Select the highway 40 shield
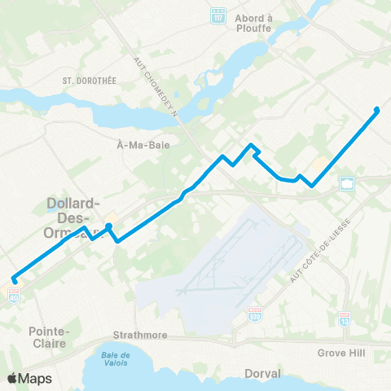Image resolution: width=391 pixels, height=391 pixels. [x=15, y=298]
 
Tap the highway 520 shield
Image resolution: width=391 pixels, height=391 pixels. [x=255, y=313]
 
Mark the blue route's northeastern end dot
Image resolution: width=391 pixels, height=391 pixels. [x=376, y=110]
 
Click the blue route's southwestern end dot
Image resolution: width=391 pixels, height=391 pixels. [x=15, y=281]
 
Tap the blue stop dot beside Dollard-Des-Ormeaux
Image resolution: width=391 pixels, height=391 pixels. [x=109, y=226]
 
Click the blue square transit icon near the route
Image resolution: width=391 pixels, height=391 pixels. [x=347, y=183]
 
